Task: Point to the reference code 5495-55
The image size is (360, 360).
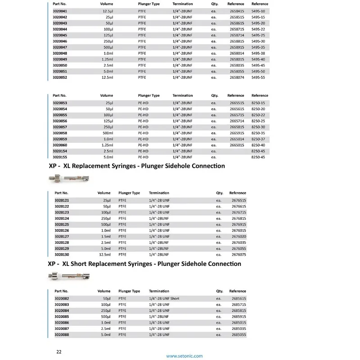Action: click(258, 77)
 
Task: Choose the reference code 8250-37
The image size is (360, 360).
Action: click(258, 139)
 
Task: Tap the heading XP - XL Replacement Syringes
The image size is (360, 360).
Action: click(136, 166)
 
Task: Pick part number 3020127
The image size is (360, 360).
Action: click(61, 236)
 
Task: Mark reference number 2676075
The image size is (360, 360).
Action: click(238, 255)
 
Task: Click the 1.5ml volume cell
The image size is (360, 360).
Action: click(105, 236)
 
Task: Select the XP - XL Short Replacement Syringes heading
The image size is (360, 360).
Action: click(144, 264)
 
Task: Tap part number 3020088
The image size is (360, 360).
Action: click(61, 335)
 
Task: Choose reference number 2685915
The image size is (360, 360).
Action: click(238, 317)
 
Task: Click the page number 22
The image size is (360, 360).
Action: click(58, 351)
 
